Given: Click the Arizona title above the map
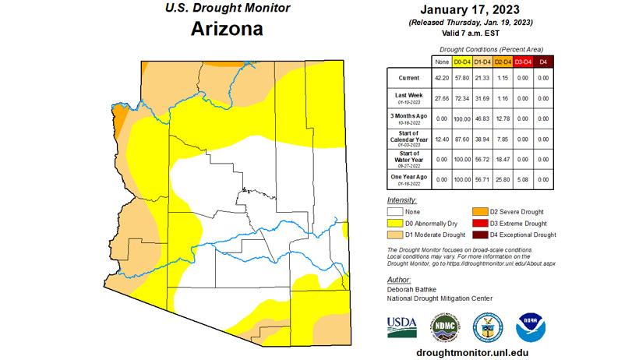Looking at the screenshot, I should pyautogui.click(x=227, y=30).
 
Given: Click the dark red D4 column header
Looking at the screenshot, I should pyautogui.click(x=543, y=61).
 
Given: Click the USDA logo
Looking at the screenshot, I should pyautogui.click(x=402, y=327).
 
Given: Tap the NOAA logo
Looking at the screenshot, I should pyautogui.click(x=530, y=327).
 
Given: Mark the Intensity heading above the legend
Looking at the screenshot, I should pyautogui.click(x=401, y=200).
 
